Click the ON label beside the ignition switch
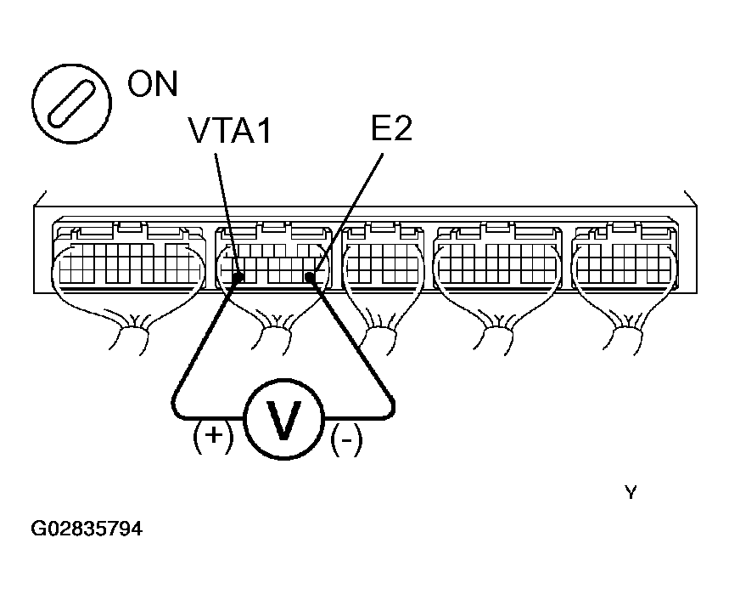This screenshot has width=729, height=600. point(153,84)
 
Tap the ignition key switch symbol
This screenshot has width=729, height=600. point(71,104)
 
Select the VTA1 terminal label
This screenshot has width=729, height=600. point(230,130)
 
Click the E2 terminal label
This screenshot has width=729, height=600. point(391,128)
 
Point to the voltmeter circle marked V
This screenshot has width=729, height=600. point(283,419)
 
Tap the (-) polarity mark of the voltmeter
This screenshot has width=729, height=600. point(346,439)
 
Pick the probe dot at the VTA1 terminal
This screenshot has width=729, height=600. point(238,278)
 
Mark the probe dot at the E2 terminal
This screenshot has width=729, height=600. point(310,277)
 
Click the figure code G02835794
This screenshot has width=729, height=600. point(87,529)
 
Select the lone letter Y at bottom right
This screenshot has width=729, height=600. point(631,492)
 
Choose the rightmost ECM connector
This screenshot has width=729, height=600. point(625,255)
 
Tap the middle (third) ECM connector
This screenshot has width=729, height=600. point(383,256)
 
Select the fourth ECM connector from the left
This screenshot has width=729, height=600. point(497,255)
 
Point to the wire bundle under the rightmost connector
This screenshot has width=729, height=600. point(626,331)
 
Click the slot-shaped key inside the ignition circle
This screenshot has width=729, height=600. point(71,104)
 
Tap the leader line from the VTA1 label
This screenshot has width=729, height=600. point(227,213)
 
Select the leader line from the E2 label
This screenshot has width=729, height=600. point(348,213)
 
